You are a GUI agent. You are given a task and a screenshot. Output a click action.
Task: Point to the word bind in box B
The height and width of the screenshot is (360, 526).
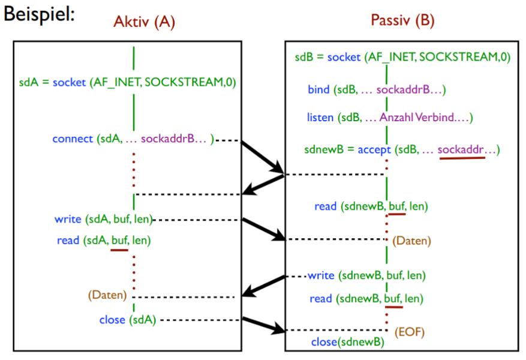[x=318, y=89]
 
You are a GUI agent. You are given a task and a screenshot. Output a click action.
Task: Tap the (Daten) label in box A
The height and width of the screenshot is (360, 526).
[x=107, y=295]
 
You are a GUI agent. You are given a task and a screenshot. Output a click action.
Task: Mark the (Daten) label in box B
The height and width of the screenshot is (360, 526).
[x=411, y=241]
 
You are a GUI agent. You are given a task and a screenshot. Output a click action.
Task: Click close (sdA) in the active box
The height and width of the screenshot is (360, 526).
[x=127, y=320]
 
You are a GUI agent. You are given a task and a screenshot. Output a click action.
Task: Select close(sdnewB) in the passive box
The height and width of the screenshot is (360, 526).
[x=347, y=342]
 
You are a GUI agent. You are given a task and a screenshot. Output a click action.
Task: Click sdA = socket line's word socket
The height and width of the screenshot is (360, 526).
[x=70, y=82]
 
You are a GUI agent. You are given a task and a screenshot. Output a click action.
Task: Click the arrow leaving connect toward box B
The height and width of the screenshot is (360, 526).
[x=264, y=158]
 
